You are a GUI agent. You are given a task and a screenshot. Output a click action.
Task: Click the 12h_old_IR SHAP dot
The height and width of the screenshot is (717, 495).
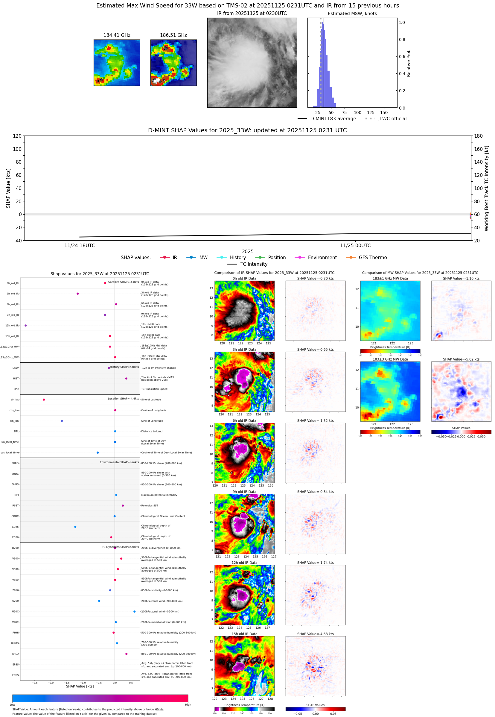pyautogui.click(x=26, y=326)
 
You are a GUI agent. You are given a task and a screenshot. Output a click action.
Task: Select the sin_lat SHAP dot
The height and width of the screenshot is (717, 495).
pyautogui.click(x=44, y=399)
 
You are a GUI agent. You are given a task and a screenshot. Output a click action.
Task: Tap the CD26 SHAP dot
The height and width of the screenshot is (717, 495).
pyautogui.click(x=75, y=527)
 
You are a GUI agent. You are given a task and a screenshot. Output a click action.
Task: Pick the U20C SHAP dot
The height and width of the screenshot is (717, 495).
pyautogui.click(x=134, y=611)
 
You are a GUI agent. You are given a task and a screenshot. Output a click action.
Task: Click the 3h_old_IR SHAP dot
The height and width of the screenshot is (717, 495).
pyautogui.click(x=77, y=294)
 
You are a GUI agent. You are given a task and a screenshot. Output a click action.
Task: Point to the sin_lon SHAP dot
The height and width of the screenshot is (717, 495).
pyautogui.click(x=62, y=421)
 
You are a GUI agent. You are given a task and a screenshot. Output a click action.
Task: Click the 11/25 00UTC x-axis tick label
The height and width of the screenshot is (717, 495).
pyautogui.click(x=355, y=245)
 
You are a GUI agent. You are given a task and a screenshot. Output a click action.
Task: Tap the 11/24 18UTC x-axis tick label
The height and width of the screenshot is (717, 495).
pyautogui.click(x=80, y=245)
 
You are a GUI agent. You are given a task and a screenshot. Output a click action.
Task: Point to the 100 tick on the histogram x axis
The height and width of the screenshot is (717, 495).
pyautogui.click(x=358, y=113)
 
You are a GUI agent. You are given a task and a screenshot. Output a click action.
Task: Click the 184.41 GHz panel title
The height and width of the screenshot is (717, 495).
pyautogui.click(x=117, y=35)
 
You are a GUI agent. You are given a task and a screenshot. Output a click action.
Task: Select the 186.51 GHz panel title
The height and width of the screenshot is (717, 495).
pyautogui.click(x=173, y=35)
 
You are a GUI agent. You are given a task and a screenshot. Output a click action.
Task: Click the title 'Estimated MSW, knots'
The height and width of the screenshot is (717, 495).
pyautogui.click(x=352, y=14)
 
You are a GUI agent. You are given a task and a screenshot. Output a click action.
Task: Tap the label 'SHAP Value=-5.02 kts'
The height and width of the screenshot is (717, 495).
pyautogui.click(x=461, y=359)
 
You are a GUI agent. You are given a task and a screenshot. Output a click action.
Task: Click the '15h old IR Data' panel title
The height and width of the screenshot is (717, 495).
pyautogui.click(x=244, y=634)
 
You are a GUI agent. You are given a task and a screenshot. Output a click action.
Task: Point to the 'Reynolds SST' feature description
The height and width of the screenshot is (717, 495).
pyautogui.click(x=150, y=506)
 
